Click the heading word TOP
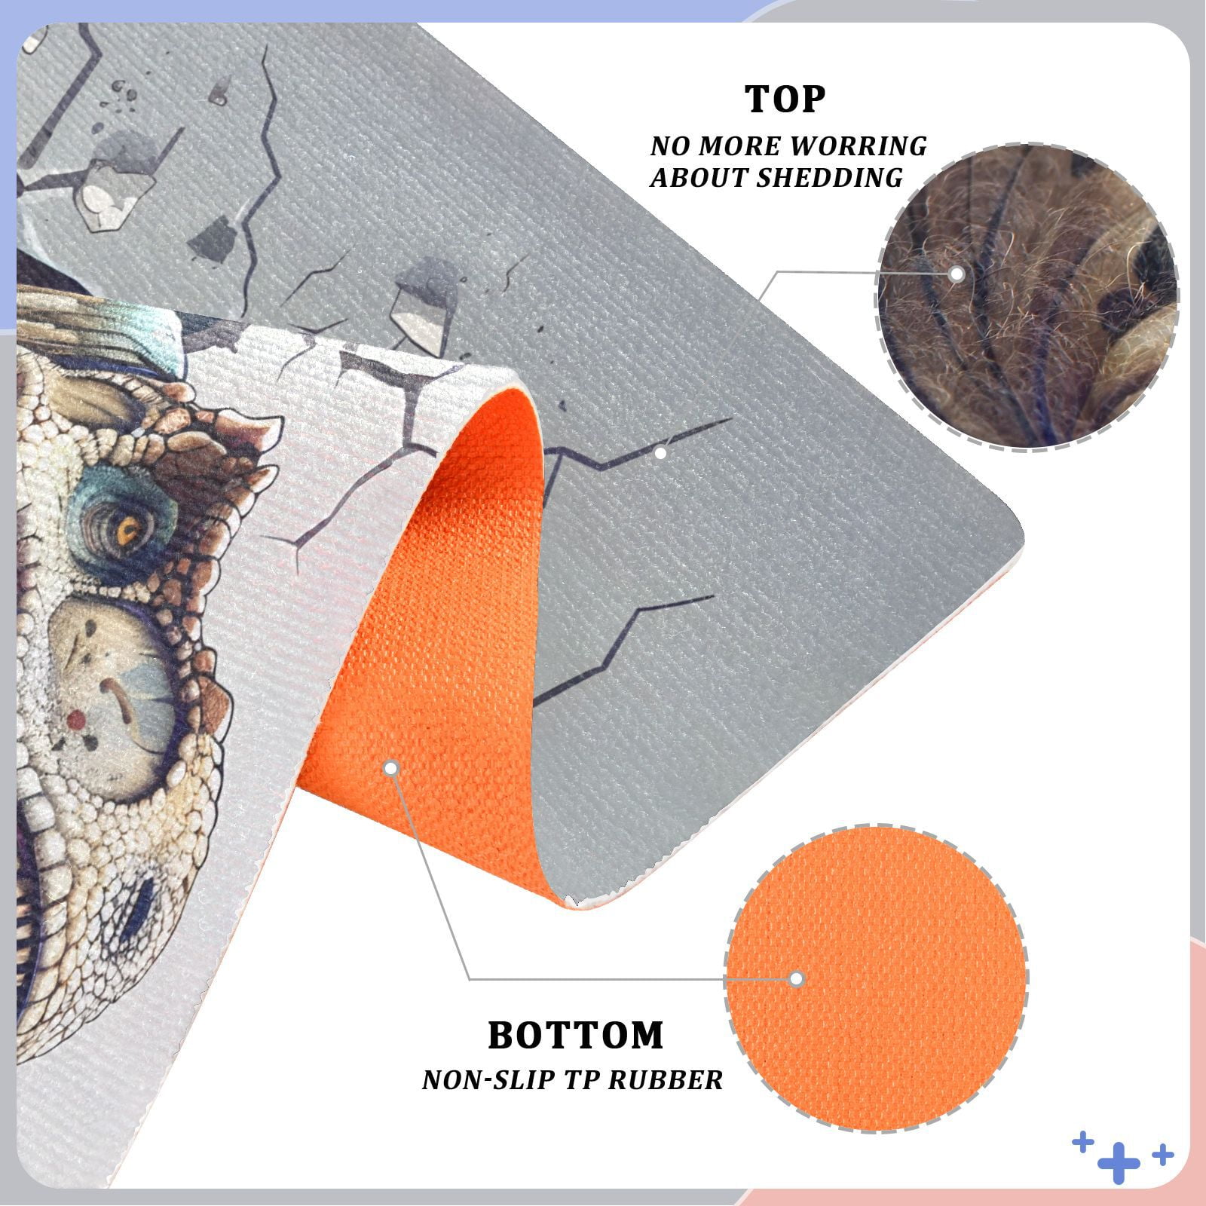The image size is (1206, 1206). pyautogui.click(x=785, y=99)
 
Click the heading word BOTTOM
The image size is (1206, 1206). pyautogui.click(x=576, y=1035)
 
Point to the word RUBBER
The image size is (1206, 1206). pyautogui.click(x=666, y=1079)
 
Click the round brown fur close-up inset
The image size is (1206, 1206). pyautogui.click(x=1027, y=298)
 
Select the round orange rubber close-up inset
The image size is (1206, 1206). pyautogui.click(x=876, y=978)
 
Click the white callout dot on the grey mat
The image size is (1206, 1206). pyautogui.click(x=660, y=453)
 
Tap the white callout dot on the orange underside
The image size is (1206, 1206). pyautogui.click(x=390, y=768)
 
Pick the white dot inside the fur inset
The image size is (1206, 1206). pyautogui.click(x=957, y=274)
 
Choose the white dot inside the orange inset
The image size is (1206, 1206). pyautogui.click(x=797, y=979)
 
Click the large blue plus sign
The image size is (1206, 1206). pyautogui.click(x=1119, y=1164)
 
